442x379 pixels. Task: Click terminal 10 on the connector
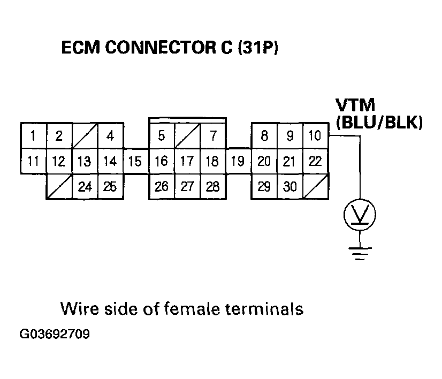click(x=316, y=136)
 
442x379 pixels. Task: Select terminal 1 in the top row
click(x=33, y=136)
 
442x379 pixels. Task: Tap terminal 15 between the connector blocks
click(x=136, y=161)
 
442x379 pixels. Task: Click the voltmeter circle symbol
click(x=360, y=216)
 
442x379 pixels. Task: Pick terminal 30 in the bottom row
click(x=290, y=187)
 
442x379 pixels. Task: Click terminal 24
click(x=85, y=187)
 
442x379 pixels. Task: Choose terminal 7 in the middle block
click(x=213, y=136)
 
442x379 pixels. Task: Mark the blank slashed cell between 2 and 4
click(x=85, y=136)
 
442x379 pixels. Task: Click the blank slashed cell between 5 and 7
click(x=187, y=136)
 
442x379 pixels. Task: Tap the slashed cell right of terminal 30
click(x=316, y=187)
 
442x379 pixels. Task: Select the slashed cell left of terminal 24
click(x=59, y=187)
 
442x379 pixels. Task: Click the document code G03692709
click(x=55, y=336)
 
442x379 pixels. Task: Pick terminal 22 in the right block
click(x=316, y=161)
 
